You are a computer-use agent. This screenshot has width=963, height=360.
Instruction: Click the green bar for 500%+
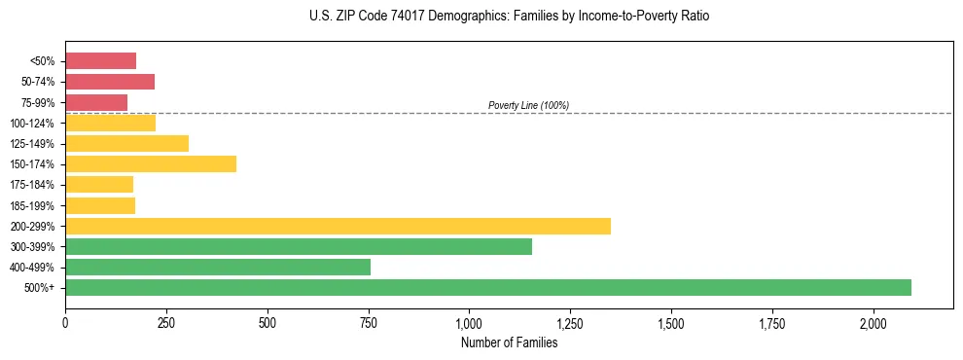click(487, 288)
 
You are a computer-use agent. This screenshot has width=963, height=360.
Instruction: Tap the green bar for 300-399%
click(299, 246)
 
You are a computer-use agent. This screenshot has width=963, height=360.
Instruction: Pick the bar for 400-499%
click(218, 268)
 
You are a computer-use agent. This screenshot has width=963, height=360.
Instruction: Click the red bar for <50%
click(100, 60)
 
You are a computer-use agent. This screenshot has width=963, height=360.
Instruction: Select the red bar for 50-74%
click(110, 82)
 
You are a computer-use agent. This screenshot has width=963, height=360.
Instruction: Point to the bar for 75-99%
click(96, 102)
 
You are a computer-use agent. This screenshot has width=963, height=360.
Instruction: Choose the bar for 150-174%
click(151, 163)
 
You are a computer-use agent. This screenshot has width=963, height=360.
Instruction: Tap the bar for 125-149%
click(126, 143)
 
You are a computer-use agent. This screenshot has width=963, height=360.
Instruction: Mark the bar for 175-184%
click(99, 185)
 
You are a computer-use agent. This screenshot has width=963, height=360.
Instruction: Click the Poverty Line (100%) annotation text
click(528, 105)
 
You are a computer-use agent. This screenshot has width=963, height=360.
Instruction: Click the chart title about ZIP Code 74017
click(510, 17)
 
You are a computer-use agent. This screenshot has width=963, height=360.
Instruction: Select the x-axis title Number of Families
click(509, 342)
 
